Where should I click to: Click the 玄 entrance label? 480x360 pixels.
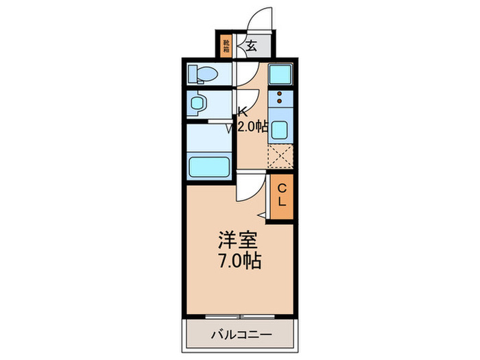click(x=251, y=47)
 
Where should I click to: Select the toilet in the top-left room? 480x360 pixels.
click(x=202, y=73)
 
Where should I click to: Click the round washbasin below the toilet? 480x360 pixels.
click(x=199, y=104)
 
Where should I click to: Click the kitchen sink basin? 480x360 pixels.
click(x=280, y=128)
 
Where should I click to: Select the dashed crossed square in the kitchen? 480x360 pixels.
click(x=280, y=157)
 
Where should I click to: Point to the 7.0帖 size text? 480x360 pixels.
click(x=239, y=261)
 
